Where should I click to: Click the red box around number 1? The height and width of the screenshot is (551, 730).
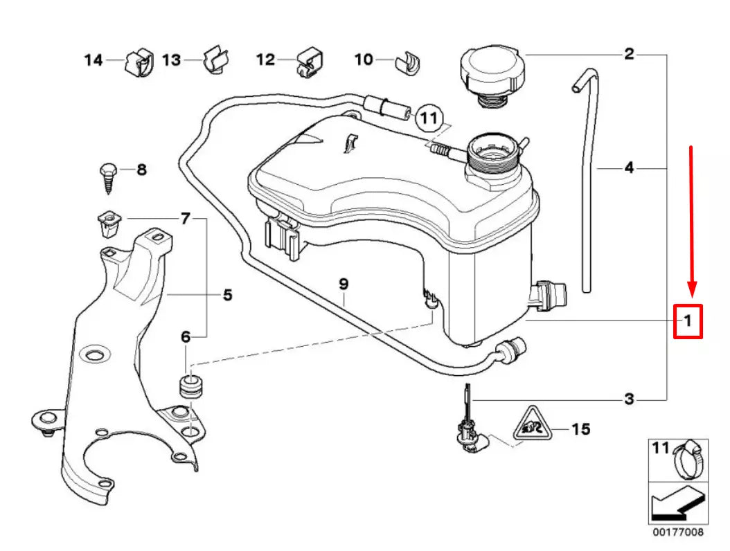[688, 321]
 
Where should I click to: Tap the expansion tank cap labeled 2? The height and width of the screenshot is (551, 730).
[491, 72]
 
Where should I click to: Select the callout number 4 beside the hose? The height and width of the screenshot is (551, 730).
[628, 168]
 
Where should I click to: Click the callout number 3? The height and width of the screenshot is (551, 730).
[628, 399]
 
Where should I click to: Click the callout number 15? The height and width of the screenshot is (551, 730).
[581, 430]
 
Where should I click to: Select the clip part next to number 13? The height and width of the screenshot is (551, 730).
[216, 60]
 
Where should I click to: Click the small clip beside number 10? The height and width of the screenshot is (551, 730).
[402, 61]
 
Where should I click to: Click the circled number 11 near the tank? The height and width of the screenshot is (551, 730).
[429, 120]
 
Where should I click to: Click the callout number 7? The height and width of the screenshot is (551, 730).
[185, 219]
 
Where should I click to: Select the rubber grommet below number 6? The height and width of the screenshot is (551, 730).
[190, 387]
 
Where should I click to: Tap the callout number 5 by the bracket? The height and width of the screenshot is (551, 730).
[227, 296]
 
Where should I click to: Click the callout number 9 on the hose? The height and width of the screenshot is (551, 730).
[344, 284]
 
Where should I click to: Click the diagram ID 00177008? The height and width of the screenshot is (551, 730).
[677, 534]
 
